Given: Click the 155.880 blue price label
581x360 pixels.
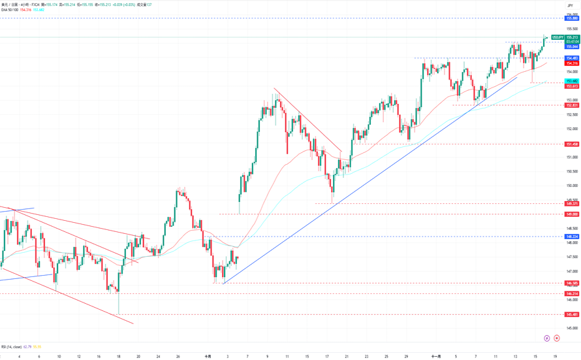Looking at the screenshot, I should [x=572, y=18].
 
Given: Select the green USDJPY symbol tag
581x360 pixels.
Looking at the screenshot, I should [x=557, y=37].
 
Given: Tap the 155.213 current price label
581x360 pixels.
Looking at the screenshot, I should [x=572, y=37].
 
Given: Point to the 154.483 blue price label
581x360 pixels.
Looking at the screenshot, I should [x=572, y=58].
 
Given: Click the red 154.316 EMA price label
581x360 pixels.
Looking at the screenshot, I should [x=572, y=63].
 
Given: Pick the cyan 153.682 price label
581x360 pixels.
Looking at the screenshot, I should [x=572, y=80].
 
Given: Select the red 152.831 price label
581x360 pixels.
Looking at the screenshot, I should [x=572, y=105].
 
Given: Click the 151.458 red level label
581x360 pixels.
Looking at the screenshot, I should [x=572, y=144].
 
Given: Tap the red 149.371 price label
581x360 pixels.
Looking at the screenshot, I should [x=572, y=203].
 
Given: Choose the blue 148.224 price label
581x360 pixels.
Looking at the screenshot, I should [x=572, y=236].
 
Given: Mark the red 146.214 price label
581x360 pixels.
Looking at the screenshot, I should [x=572, y=293].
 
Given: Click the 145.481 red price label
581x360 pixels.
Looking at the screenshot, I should [x=572, y=314].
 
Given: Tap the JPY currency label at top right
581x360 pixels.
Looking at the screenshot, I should [x=570, y=5].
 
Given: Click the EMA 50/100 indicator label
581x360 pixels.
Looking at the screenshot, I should [x=10, y=10].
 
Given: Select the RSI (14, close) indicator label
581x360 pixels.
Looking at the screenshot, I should [x=12, y=347].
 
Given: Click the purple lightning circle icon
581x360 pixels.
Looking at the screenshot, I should [x=546, y=338].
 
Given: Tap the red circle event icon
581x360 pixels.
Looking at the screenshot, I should [x=556, y=338].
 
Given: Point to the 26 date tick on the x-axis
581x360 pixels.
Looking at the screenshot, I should [x=178, y=356].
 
